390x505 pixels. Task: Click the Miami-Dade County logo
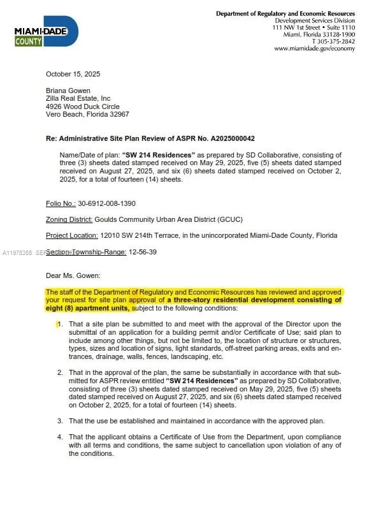coord(46,31)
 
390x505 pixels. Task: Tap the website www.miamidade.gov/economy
coord(314,48)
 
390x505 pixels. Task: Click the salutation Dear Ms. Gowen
coord(73,275)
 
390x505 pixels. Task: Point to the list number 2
coord(60,372)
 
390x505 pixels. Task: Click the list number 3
coord(60,421)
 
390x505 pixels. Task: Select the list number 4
coord(60,437)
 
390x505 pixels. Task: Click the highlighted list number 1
coord(60,324)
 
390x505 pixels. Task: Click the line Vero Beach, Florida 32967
coord(87,114)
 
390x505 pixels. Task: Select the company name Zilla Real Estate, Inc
coord(78,98)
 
